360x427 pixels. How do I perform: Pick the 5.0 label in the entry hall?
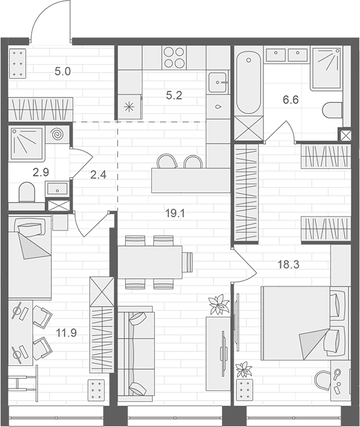[63, 71]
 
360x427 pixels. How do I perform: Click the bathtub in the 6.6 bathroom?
[248, 84]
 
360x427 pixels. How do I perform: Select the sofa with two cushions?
[134, 353]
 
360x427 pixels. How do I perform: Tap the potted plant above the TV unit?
[217, 304]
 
